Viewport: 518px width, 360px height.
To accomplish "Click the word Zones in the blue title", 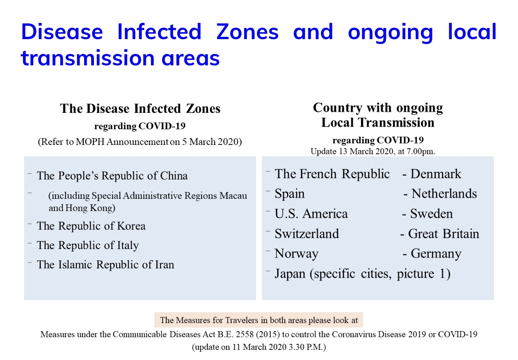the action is click(x=247, y=32).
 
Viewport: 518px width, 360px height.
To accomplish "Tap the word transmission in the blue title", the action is click(x=88, y=58).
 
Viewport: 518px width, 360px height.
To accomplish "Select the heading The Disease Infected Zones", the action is click(x=140, y=108).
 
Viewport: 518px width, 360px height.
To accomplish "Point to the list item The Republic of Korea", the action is click(x=91, y=226).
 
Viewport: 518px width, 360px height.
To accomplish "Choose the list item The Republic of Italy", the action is click(x=87, y=245).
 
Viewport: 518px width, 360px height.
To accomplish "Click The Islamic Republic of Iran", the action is click(x=105, y=265).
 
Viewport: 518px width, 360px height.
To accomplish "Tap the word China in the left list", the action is click(x=174, y=176).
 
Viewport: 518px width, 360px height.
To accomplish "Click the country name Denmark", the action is click(x=436, y=174).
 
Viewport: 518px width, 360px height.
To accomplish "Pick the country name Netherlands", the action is click(x=444, y=193).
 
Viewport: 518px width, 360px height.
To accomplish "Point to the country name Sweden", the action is click(x=431, y=214).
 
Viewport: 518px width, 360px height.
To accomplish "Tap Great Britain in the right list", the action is click(x=443, y=233).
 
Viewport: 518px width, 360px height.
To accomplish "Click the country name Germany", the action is click(x=436, y=254).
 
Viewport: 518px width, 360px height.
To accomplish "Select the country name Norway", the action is click(x=297, y=254).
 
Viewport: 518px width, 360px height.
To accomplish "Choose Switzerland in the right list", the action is click(x=307, y=233).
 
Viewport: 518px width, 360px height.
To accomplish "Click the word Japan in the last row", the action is click(x=290, y=274).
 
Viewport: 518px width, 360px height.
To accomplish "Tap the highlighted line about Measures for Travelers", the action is click(x=259, y=320).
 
